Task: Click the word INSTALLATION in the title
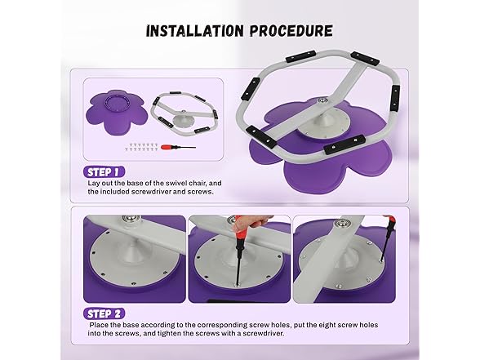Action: click(x=195, y=31)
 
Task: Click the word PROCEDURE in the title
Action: click(x=291, y=31)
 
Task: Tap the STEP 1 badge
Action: click(x=104, y=172)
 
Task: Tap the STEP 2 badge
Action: click(x=104, y=313)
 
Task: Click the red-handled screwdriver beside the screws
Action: click(x=178, y=147)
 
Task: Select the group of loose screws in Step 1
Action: click(x=141, y=147)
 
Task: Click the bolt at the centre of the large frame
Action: click(x=322, y=100)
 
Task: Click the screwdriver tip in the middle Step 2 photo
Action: click(x=237, y=284)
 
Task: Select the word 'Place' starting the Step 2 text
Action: click(x=99, y=325)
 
